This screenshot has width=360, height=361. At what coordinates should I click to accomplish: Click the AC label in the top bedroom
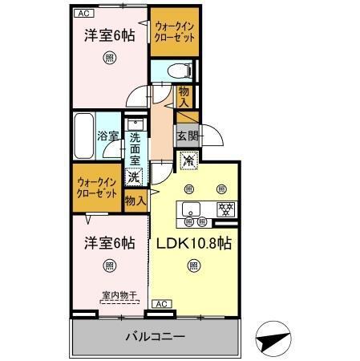pyautogui.click(x=83, y=14)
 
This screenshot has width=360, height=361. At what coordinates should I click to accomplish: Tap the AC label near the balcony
pyautogui.click(x=160, y=303)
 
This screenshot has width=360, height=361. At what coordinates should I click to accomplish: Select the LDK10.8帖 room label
pyautogui.click(x=193, y=243)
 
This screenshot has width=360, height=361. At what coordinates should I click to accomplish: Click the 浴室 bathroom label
pyautogui.click(x=108, y=136)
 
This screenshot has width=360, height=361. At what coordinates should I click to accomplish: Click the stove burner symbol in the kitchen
pyautogui.click(x=225, y=209)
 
